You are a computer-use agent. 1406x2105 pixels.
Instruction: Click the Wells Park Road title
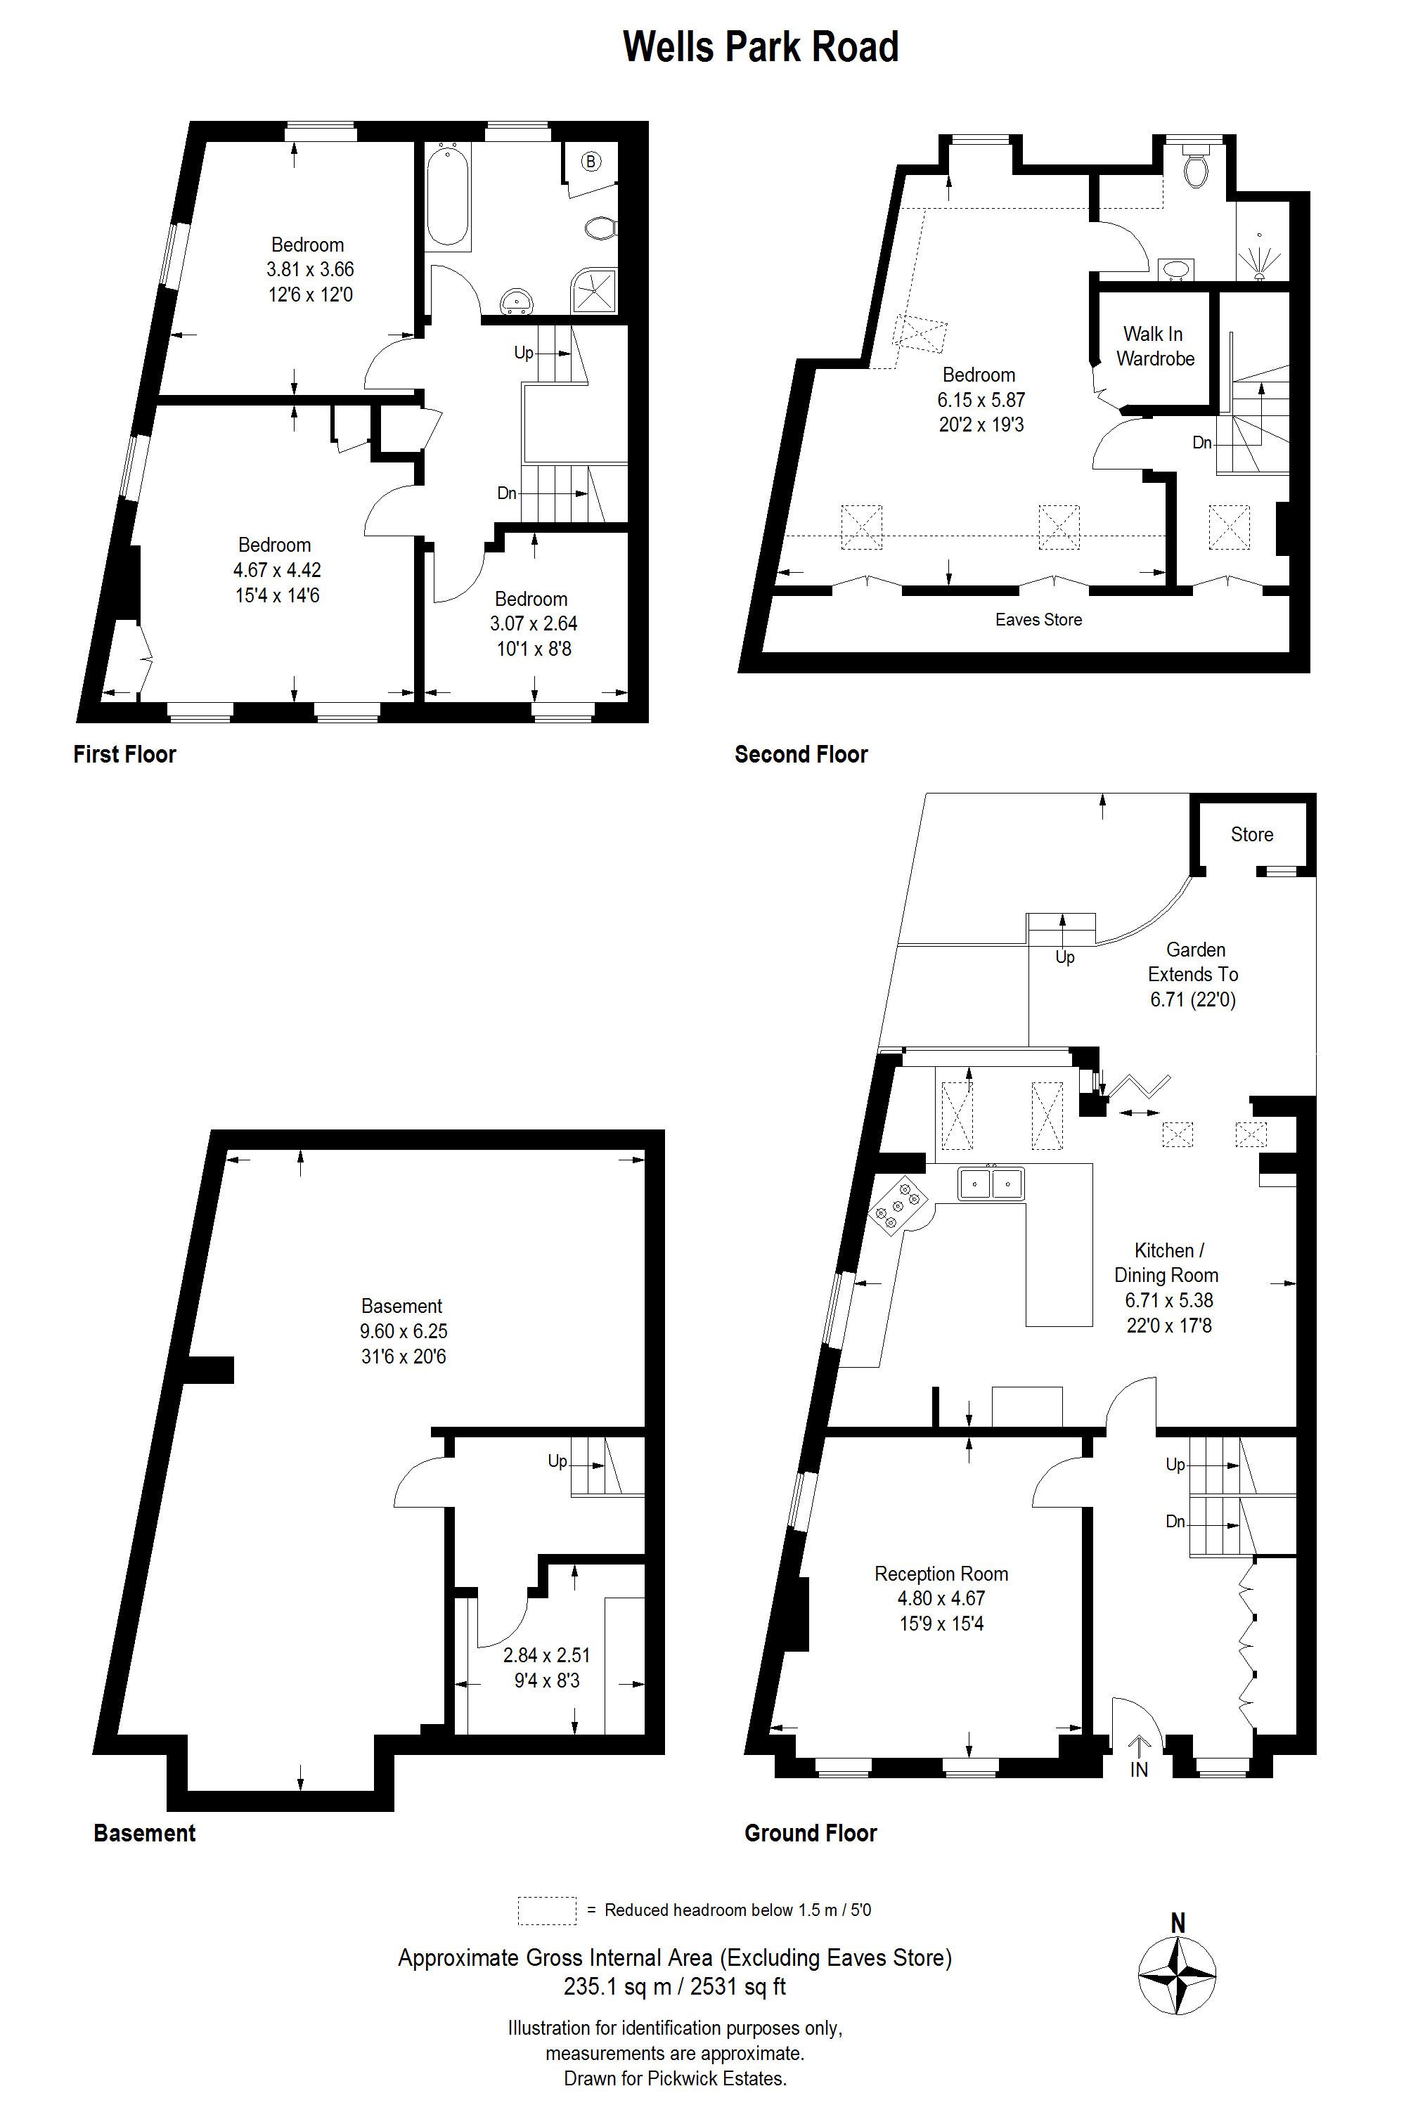click(761, 46)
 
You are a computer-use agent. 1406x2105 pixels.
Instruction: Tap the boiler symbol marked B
click(591, 162)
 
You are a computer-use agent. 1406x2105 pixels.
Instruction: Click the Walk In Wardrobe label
click(1155, 346)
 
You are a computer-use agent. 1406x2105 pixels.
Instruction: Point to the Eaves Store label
click(1038, 619)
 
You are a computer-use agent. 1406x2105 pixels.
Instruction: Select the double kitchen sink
click(990, 1184)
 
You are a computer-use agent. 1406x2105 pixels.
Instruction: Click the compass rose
click(1178, 1975)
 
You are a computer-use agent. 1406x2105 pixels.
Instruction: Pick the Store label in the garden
click(1252, 835)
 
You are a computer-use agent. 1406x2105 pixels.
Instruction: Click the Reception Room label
click(941, 1574)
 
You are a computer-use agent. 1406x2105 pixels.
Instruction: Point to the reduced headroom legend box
click(547, 1910)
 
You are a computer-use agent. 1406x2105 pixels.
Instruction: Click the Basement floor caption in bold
click(144, 1834)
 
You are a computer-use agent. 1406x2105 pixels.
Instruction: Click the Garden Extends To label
click(1194, 962)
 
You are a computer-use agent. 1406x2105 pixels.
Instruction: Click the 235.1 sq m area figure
click(618, 1987)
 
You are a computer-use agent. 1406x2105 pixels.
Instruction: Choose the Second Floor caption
click(801, 755)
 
